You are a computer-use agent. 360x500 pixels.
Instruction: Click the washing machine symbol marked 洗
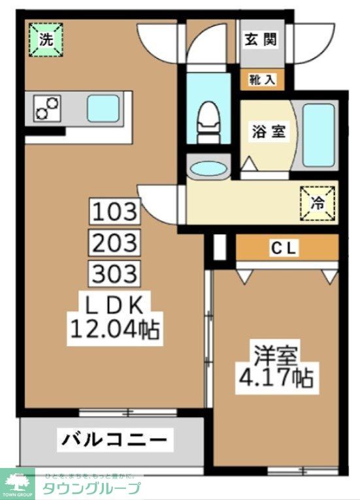pos(45,39)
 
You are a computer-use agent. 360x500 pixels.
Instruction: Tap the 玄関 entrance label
pos(260,39)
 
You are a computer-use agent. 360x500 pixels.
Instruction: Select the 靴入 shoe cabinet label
pos(262,80)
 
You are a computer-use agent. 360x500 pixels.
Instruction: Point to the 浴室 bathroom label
pos(268,131)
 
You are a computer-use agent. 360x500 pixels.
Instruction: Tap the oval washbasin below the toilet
pos(207,168)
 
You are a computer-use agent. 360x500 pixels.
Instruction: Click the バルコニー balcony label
pos(114,439)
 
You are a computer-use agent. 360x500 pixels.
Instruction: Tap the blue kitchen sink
pos(103,107)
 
